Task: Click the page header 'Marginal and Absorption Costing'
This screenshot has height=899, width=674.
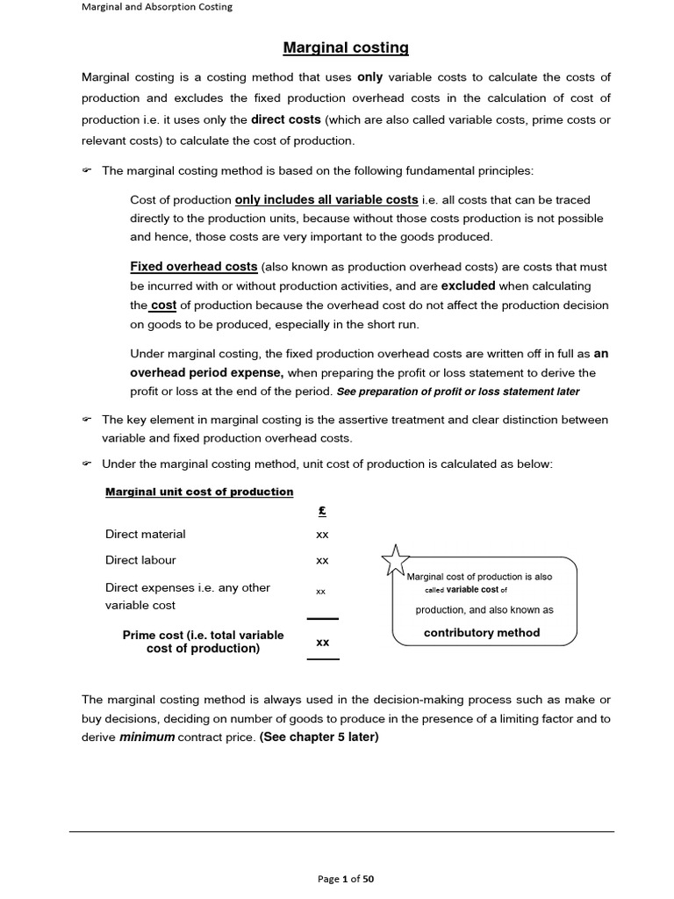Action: pyautogui.click(x=157, y=8)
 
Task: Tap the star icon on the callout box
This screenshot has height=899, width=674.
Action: pyautogui.click(x=395, y=558)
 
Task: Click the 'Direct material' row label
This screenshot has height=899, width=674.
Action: pyautogui.click(x=146, y=534)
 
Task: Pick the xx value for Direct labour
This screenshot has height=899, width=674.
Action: pyautogui.click(x=322, y=560)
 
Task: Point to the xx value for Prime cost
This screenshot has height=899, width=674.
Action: pyautogui.click(x=322, y=642)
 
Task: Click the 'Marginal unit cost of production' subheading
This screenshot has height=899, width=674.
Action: pyautogui.click(x=199, y=492)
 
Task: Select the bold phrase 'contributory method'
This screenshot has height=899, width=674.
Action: pyautogui.click(x=482, y=632)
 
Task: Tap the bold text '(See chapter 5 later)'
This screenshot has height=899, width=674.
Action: pyautogui.click(x=319, y=737)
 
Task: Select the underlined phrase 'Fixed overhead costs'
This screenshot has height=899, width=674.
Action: pyautogui.click(x=194, y=266)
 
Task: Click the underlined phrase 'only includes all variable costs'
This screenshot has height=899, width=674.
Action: pyautogui.click(x=326, y=199)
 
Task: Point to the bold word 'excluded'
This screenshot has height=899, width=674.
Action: pyautogui.click(x=468, y=285)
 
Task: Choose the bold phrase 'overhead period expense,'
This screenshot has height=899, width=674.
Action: pyautogui.click(x=207, y=372)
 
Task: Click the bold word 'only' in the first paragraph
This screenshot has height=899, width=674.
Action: pyautogui.click(x=369, y=76)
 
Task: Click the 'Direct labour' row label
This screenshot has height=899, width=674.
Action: pyautogui.click(x=140, y=560)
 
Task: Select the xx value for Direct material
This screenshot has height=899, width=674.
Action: pyautogui.click(x=322, y=534)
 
